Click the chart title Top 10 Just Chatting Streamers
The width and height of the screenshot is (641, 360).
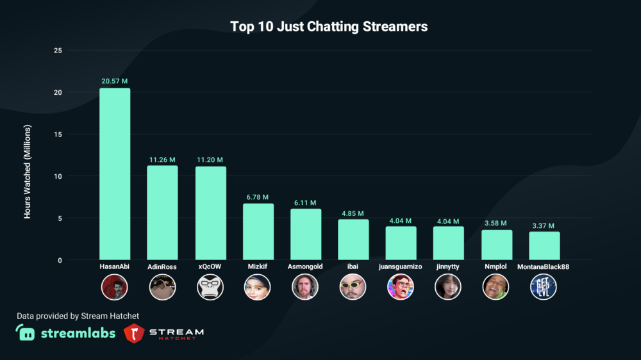click(329, 27)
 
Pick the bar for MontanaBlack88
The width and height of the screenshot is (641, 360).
click(544, 246)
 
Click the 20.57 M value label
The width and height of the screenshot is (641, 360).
click(115, 81)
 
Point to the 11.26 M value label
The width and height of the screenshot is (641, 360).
click(162, 160)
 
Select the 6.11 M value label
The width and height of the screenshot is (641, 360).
click(306, 202)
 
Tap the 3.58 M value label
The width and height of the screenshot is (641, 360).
click(497, 224)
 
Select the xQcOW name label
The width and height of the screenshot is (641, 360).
click(210, 266)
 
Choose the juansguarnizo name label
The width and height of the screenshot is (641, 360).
click(401, 266)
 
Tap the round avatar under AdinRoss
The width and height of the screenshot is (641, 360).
click(162, 287)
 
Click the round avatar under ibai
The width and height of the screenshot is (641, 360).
click(353, 287)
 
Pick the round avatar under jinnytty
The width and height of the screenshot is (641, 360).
click(448, 287)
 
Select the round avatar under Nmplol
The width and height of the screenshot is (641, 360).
click(496, 287)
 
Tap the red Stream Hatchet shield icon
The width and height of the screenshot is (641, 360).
click(133, 333)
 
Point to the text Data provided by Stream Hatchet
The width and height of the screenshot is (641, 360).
click(78, 316)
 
